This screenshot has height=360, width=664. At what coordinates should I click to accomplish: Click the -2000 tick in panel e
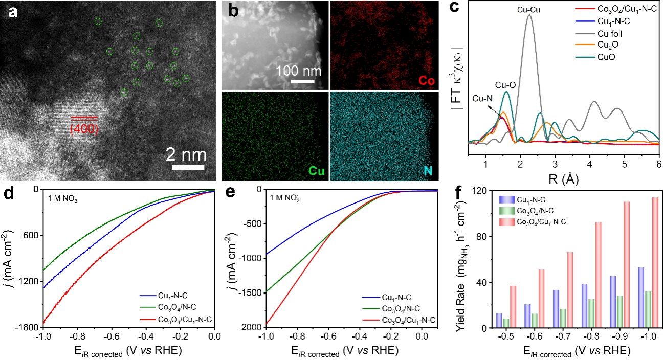tap(250, 328)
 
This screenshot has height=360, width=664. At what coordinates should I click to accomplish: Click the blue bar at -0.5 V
tap(499, 321)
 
